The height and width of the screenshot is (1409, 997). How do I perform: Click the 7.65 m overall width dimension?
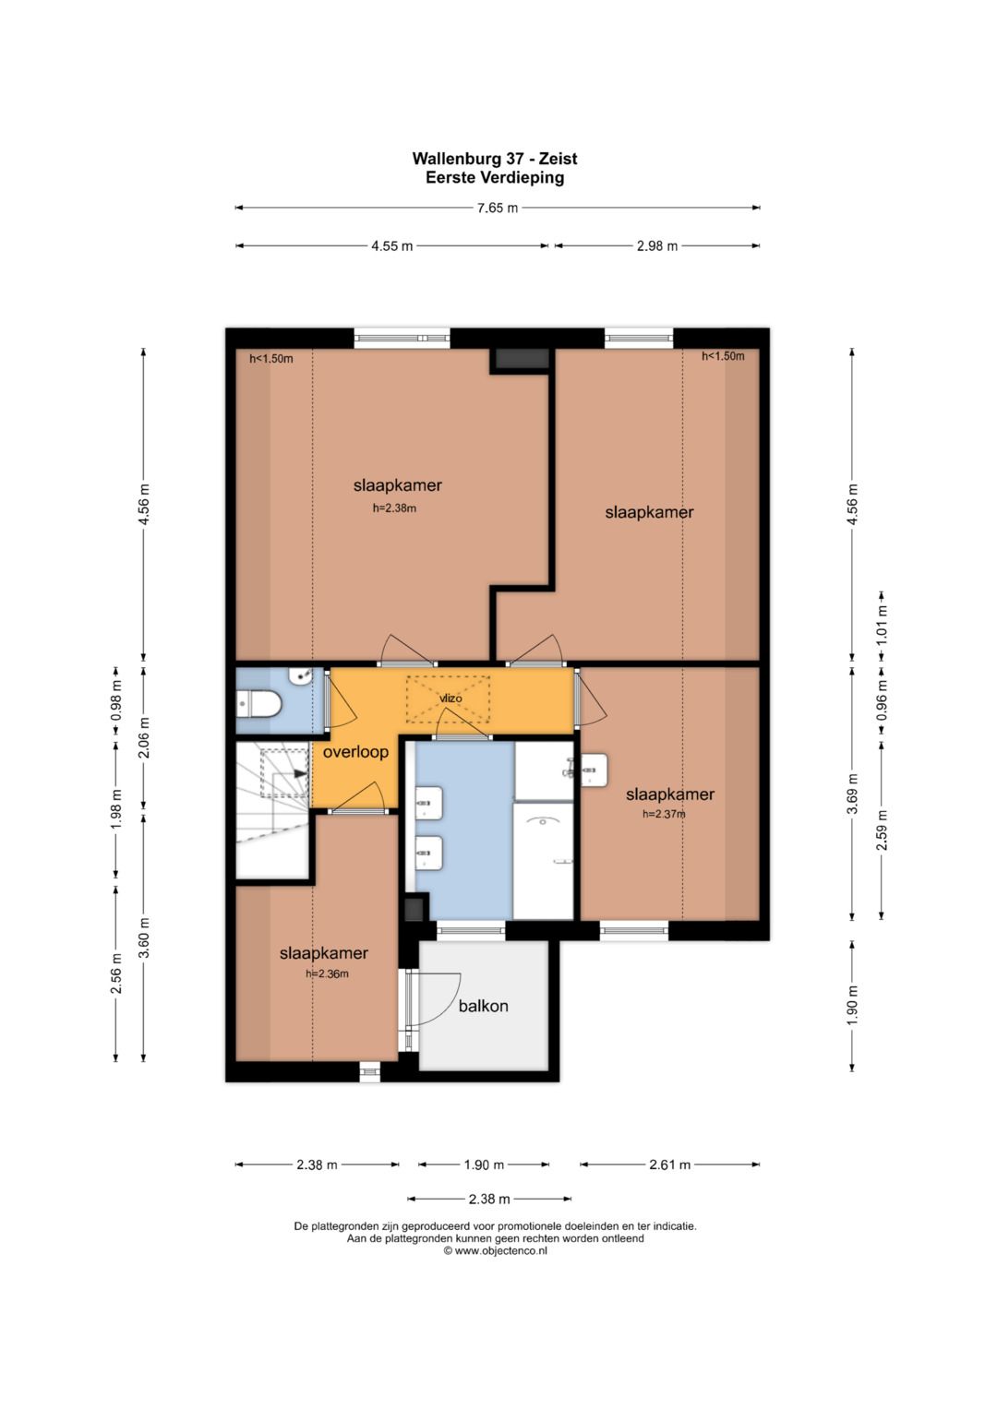click(498, 208)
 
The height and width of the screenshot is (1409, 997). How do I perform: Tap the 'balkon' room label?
click(483, 1006)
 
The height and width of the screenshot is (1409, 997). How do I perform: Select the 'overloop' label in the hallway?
click(355, 752)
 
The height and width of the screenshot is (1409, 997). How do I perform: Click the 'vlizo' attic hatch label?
click(450, 699)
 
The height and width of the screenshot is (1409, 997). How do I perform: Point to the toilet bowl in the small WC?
click(258, 703)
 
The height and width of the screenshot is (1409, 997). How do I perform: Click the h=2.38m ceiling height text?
click(395, 508)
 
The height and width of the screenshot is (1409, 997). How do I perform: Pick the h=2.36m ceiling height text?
click(328, 974)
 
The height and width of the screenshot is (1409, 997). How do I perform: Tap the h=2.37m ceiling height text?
click(664, 814)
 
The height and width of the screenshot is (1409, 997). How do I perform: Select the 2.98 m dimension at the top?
click(657, 246)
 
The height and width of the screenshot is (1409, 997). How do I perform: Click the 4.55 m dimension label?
click(391, 246)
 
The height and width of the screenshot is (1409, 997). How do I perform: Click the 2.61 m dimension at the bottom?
click(669, 1165)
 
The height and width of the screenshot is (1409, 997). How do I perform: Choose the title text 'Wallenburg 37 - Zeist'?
click(495, 159)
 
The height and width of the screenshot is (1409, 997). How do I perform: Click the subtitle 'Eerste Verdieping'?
click(495, 177)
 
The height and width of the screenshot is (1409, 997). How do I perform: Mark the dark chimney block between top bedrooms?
click(522, 359)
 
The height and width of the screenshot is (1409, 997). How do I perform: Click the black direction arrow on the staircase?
click(300, 774)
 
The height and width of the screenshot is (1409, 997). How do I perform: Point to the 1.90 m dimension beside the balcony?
click(853, 1005)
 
